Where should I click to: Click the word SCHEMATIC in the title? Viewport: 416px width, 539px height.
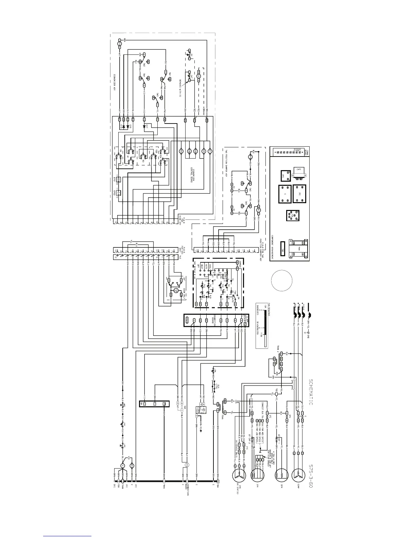coord(311,391)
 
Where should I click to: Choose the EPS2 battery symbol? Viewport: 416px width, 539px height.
coord(118,193)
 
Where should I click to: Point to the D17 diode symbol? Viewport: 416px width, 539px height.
coord(144,126)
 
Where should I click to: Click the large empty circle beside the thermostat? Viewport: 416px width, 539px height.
coord(282,280)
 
